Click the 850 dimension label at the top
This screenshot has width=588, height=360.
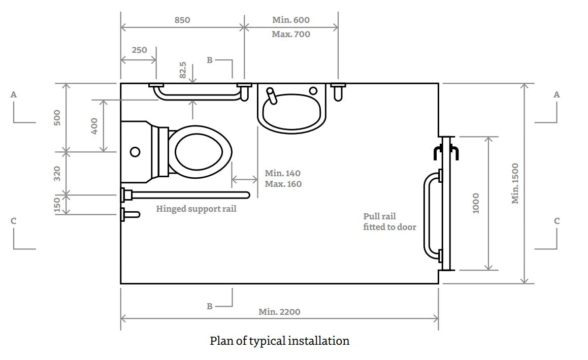(182, 20)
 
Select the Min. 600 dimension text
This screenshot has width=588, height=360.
(290, 20)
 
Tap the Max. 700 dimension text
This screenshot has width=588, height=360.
(290, 35)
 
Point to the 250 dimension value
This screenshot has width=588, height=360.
(139, 50)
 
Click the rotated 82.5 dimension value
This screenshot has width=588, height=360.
(183, 70)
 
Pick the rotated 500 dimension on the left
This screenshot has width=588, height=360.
(57, 117)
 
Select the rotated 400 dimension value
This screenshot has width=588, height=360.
(94, 126)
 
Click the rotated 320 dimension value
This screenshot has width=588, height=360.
(57, 173)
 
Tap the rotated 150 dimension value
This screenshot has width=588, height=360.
(57, 205)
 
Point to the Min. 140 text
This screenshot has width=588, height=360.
(283, 174)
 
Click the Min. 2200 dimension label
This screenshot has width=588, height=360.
(279, 312)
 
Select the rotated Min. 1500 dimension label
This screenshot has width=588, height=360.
(515, 183)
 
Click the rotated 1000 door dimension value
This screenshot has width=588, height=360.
(476, 203)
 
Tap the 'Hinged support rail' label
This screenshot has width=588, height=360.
(196, 209)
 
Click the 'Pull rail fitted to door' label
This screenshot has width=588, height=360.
(389, 222)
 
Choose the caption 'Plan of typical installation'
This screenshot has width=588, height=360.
(279, 341)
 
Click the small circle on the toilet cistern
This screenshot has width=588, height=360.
(135, 151)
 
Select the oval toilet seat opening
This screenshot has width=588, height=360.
(200, 152)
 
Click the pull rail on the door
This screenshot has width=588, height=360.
(428, 216)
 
